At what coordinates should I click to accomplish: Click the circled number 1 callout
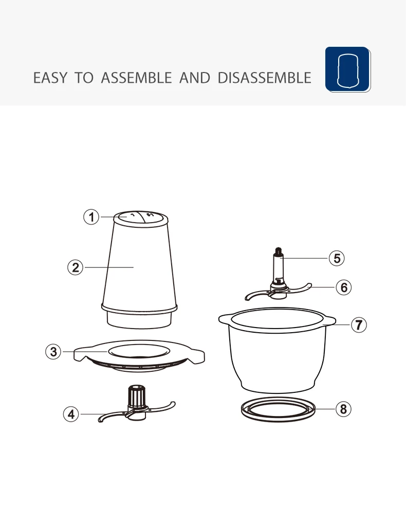coord(91,217)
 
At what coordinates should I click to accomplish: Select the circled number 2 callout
coord(76,267)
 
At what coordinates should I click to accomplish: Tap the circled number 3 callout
coord(53,351)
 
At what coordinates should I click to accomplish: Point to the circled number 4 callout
coord(71,414)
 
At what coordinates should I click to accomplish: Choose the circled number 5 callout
coord(337,258)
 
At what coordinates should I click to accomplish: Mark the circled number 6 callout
coord(344,287)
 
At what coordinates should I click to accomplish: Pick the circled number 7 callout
coord(359,324)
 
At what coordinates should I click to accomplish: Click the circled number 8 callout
coord(343,409)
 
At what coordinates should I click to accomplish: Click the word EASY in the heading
coord(50,78)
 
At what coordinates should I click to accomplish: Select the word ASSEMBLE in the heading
coord(136,78)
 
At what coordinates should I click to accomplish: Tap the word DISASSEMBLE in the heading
coord(265,78)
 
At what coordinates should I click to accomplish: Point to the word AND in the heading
coord(195,78)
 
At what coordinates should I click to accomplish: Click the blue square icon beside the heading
coord(347,69)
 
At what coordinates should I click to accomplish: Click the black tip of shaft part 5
coord(279,251)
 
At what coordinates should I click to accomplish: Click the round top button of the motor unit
coord(141,218)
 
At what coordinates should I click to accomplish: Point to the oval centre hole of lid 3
coord(138,351)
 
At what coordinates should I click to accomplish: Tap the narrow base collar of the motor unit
coord(139,320)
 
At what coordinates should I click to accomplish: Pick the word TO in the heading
coord(84,78)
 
